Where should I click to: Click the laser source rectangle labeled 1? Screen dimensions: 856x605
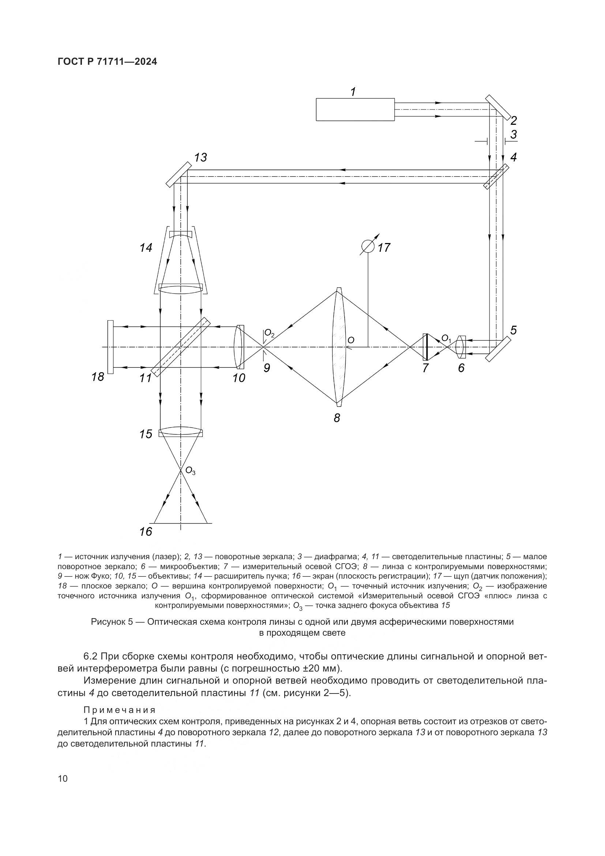point(355,109)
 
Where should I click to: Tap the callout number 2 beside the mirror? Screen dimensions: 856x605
point(514,120)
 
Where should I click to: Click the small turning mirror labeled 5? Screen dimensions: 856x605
point(498,349)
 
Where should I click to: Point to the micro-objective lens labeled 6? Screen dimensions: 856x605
point(460,347)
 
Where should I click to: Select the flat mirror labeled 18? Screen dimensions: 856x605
point(110,347)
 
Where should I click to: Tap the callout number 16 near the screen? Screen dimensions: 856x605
point(146,532)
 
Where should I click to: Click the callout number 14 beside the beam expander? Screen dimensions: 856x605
point(146,247)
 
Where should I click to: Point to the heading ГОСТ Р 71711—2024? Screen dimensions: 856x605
point(107,62)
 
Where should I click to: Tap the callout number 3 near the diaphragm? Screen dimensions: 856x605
point(514,134)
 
